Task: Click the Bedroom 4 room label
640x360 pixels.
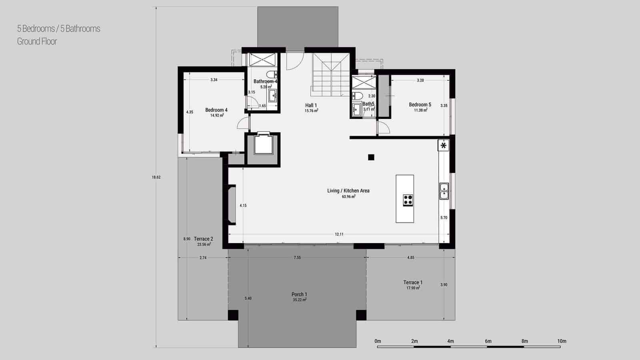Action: click(x=216, y=110)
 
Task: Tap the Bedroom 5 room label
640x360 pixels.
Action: click(x=420, y=105)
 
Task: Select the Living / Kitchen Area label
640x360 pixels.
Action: click(x=348, y=191)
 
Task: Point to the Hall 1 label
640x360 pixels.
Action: click(x=311, y=106)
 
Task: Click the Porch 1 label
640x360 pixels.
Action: click(x=299, y=295)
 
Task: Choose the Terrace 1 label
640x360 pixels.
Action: click(x=413, y=283)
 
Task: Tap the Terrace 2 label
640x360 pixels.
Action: click(x=203, y=239)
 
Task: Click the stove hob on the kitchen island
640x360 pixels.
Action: click(x=408, y=200)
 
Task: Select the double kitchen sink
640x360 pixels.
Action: click(x=444, y=191)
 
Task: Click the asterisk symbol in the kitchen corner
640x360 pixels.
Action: click(x=443, y=146)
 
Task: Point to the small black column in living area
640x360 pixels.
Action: click(x=371, y=157)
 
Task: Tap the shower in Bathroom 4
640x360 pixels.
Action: click(x=262, y=60)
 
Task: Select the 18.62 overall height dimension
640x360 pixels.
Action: click(x=156, y=177)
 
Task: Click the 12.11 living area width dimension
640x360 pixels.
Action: click(x=339, y=234)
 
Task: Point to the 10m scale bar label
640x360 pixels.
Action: click(x=562, y=341)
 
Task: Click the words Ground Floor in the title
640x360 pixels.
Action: click(x=37, y=41)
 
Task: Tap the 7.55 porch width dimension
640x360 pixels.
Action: click(x=297, y=258)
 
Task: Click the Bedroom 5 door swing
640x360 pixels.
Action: click(x=384, y=128)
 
